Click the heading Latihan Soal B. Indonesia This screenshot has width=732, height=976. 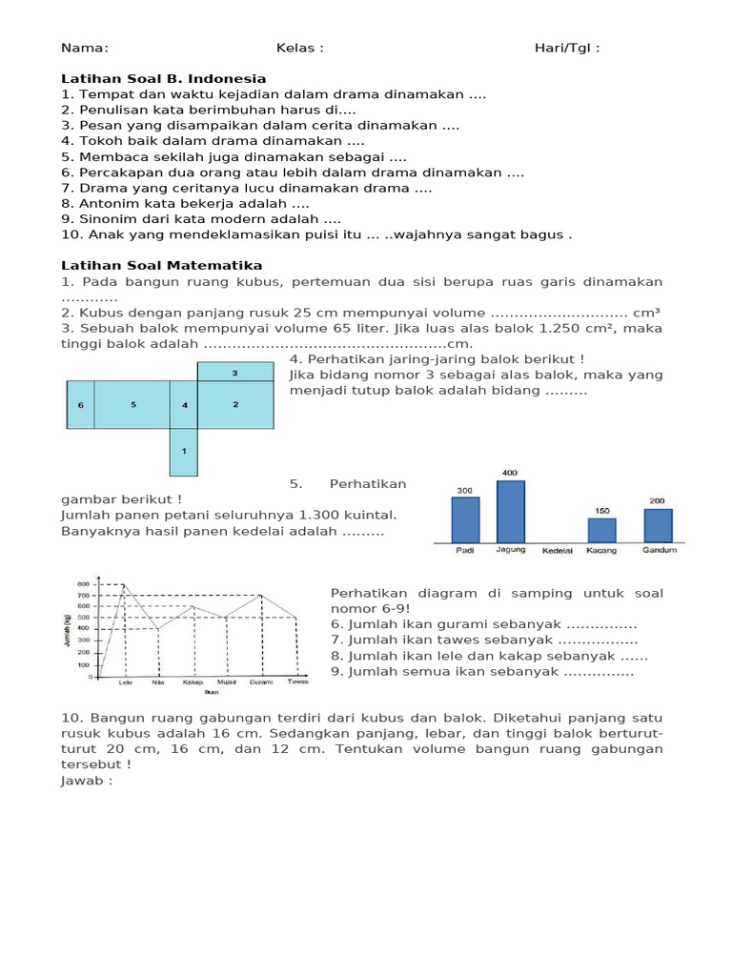pyautogui.click(x=163, y=78)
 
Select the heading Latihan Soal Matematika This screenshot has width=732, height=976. pyautogui.click(x=161, y=265)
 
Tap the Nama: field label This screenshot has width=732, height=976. pyautogui.click(x=85, y=48)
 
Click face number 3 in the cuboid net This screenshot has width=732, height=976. pyautogui.click(x=234, y=373)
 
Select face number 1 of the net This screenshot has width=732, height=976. pyautogui.click(x=183, y=451)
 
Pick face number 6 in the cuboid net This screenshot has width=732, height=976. pyautogui.click(x=81, y=405)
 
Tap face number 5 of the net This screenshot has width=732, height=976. pyautogui.click(x=133, y=405)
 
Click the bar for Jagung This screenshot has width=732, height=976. pyautogui.click(x=510, y=511)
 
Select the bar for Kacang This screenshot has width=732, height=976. pyautogui.click(x=600, y=530)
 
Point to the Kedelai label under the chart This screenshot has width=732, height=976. pyautogui.click(x=558, y=551)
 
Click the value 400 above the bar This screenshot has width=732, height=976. pyautogui.click(x=510, y=473)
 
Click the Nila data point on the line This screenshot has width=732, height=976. pyautogui.click(x=157, y=630)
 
